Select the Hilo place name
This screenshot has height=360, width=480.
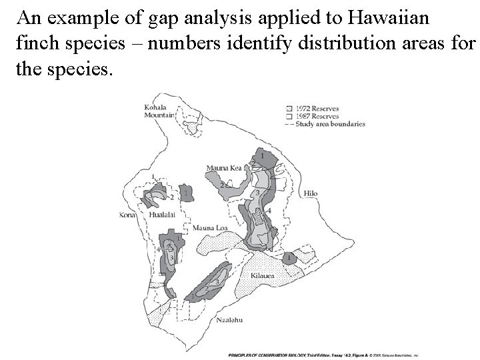click(310, 193)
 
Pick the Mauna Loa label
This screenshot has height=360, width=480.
click(210, 228)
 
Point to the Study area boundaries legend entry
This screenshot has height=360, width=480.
click(329, 123)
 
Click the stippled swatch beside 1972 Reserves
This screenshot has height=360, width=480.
click(289, 107)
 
